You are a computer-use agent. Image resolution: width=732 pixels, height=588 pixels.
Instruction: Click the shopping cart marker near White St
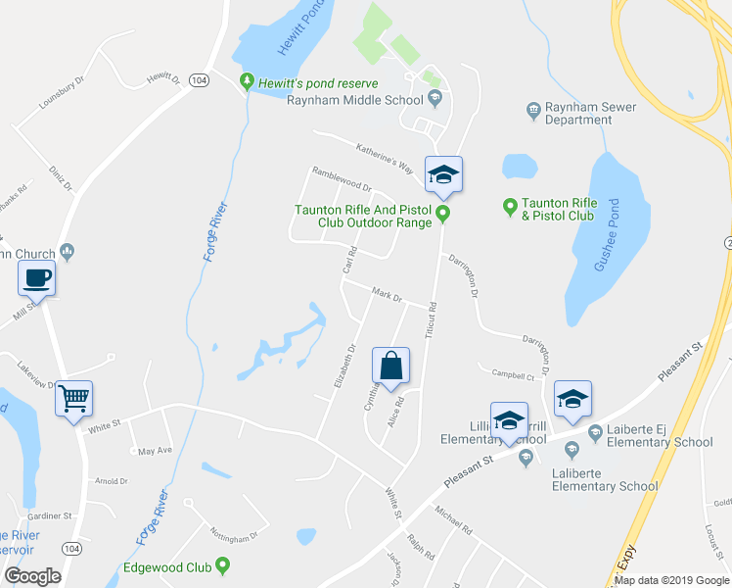(73, 398)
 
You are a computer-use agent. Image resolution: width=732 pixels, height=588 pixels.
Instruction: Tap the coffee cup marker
(36, 278)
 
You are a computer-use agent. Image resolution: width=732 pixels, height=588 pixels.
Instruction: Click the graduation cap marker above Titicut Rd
(443, 174)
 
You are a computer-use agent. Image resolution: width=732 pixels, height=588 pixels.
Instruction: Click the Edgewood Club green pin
(224, 564)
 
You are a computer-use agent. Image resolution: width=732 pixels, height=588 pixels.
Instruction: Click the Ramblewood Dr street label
(342, 178)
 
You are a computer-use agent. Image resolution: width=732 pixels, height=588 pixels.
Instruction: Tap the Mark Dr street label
(387, 293)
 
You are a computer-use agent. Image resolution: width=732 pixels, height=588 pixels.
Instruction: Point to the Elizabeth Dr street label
(343, 365)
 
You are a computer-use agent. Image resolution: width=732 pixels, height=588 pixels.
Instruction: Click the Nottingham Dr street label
(234, 533)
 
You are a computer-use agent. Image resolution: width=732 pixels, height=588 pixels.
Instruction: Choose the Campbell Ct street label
(513, 374)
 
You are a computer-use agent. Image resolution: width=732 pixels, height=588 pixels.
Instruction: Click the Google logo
(33, 575)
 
